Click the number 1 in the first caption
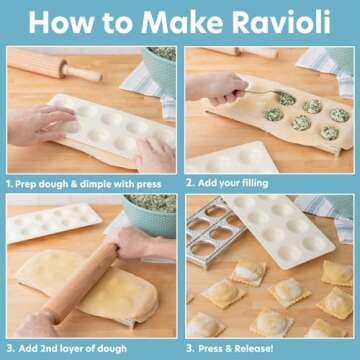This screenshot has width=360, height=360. coord(9,183)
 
